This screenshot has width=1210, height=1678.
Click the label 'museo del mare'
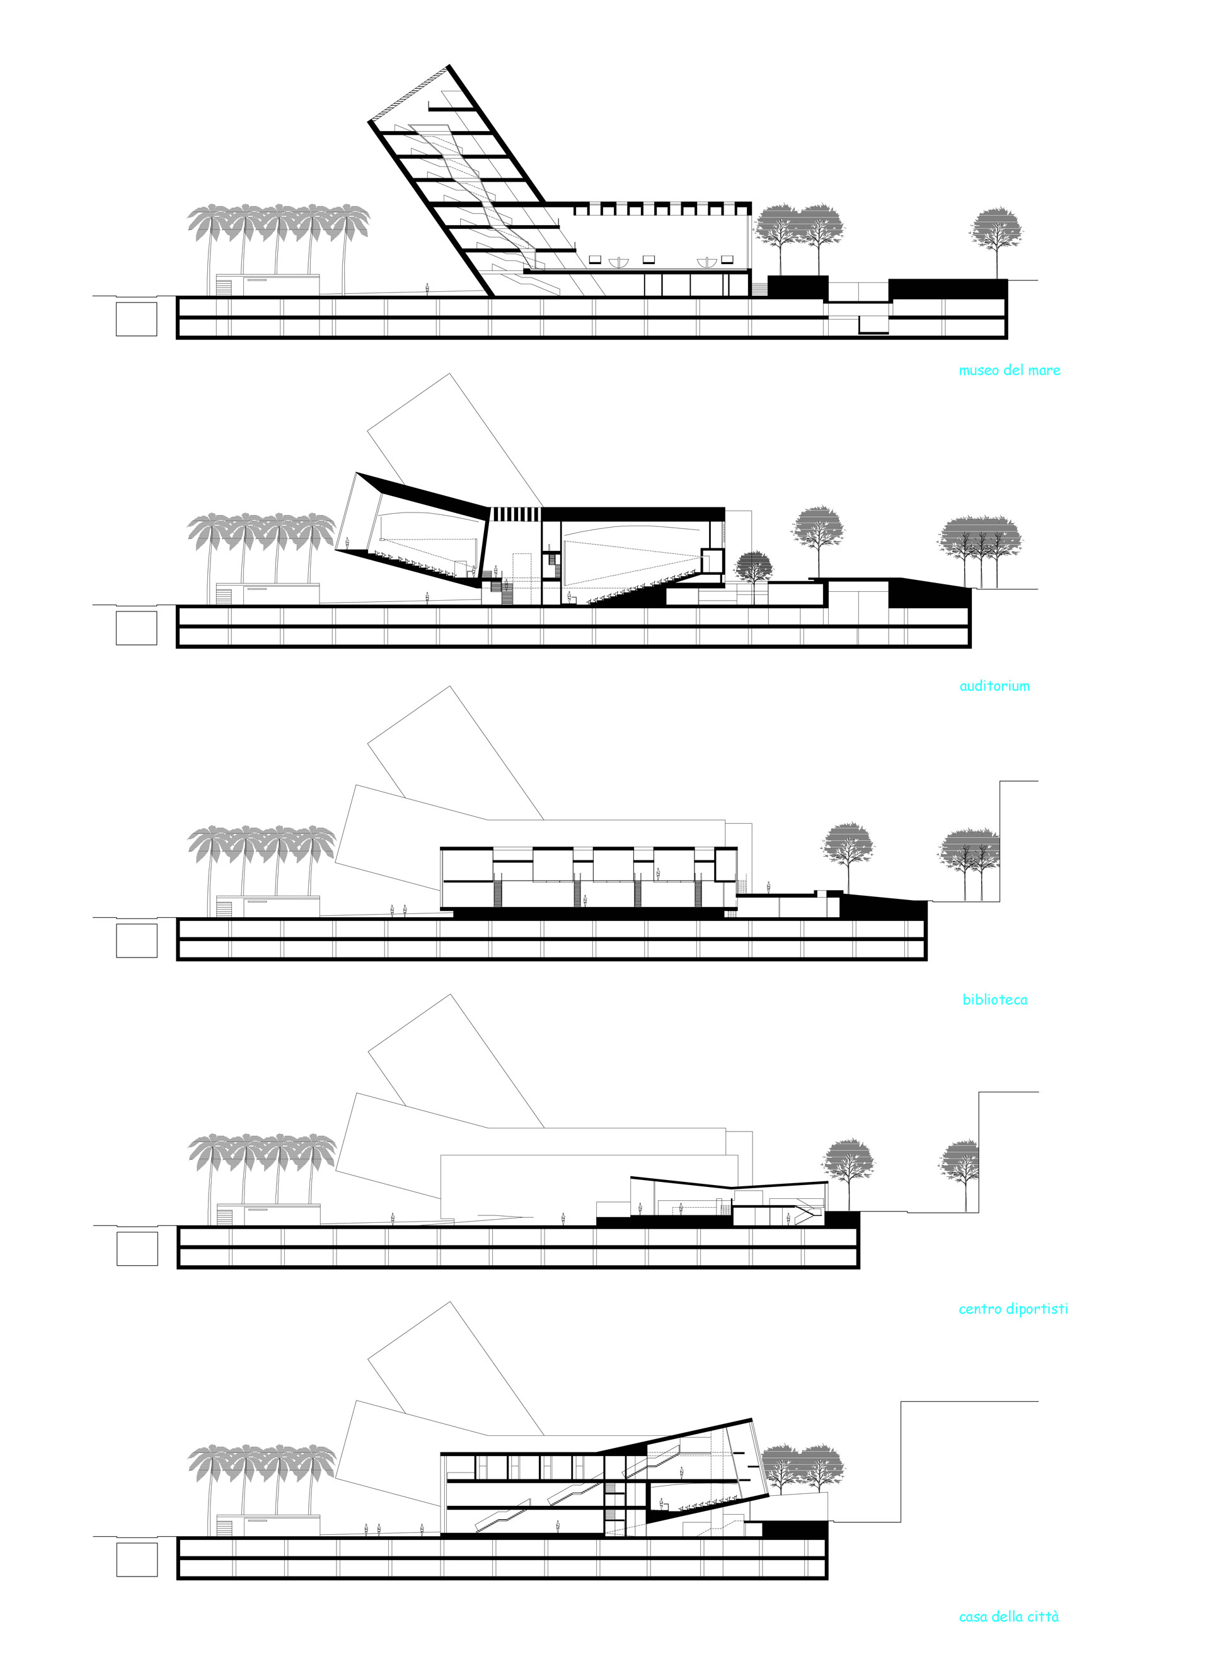pyautogui.click(x=1009, y=370)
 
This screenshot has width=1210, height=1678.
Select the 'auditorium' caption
pyautogui.click(x=994, y=686)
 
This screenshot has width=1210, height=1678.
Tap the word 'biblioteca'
pyautogui.click(x=994, y=1000)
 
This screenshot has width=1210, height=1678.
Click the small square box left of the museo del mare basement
pyautogui.click(x=136, y=319)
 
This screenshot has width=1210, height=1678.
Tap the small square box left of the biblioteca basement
pyautogui.click(x=136, y=940)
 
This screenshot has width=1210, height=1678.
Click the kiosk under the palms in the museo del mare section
pyautogui.click(x=268, y=286)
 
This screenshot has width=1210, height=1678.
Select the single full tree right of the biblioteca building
pyautogui.click(x=848, y=859)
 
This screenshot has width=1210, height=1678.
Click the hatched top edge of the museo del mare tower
pyautogui.click(x=409, y=93)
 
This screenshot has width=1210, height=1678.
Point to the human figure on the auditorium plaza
pyautogui.click(x=427, y=598)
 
